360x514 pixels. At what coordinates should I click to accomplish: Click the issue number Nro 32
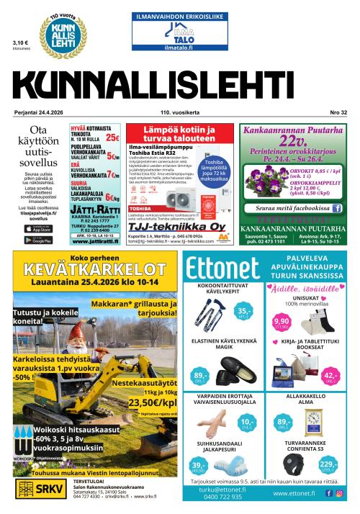coord(338,112)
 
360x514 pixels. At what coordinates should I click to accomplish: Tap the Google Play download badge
coord(38,240)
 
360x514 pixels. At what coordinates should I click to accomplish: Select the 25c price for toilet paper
coord(112,137)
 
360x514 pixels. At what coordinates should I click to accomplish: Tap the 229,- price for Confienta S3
coord(328,464)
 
